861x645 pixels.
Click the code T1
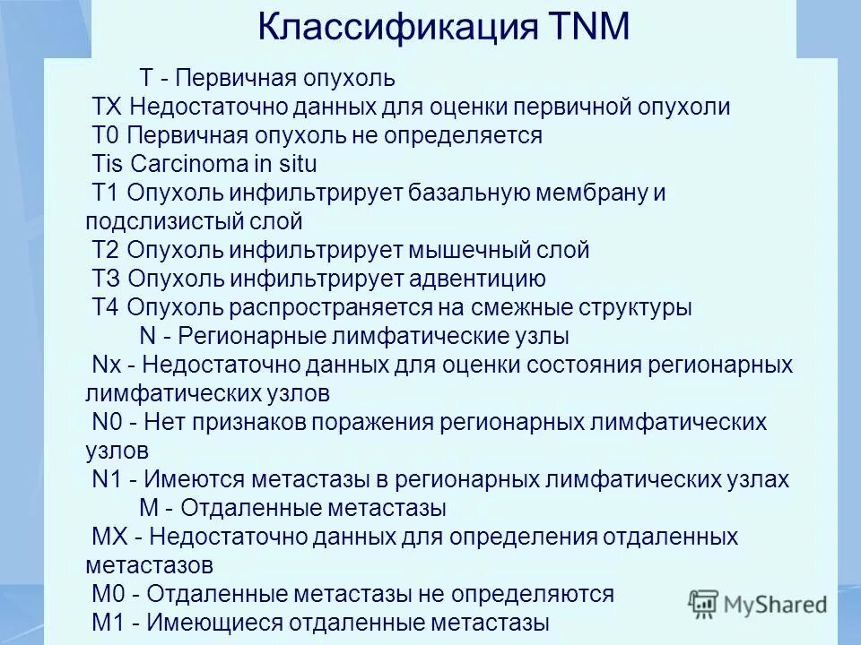pyautogui.click(x=107, y=193)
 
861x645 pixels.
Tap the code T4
pyautogui.click(x=107, y=308)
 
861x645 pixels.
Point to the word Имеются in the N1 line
pyautogui.click(x=192, y=480)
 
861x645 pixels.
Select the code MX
pyautogui.click(x=111, y=537)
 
